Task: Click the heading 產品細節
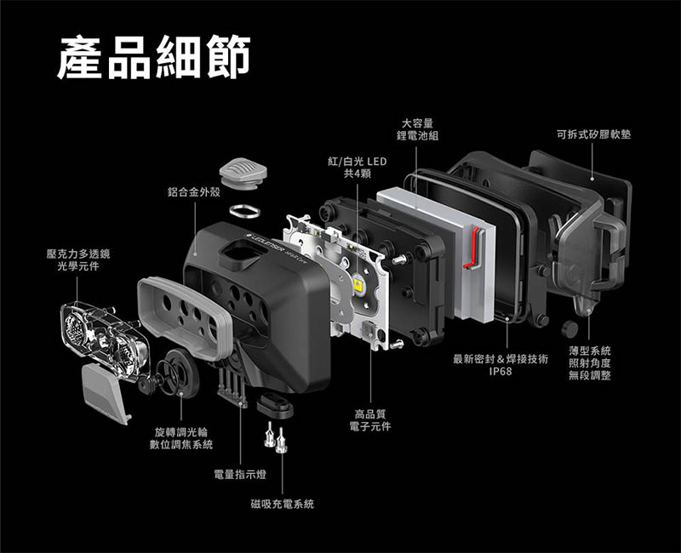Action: [154, 57]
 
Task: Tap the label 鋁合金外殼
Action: [194, 192]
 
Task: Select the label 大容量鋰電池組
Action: [417, 130]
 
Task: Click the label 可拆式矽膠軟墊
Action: [593, 134]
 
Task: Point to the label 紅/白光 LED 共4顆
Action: [357, 168]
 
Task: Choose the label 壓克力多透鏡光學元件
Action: [78, 260]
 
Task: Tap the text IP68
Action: [501, 372]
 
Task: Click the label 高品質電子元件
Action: [370, 420]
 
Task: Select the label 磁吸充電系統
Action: [283, 504]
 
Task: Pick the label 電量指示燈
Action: [240, 475]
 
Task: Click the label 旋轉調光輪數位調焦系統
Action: [181, 438]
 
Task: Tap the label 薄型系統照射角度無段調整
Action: [590, 363]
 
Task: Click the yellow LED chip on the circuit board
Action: [358, 285]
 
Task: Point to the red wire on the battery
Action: [473, 248]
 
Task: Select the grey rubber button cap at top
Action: [243, 172]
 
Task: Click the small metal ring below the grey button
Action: [245, 211]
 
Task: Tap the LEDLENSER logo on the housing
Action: [264, 244]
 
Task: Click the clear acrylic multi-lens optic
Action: [105, 341]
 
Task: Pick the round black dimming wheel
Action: [178, 372]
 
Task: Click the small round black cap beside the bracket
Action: [569, 329]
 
